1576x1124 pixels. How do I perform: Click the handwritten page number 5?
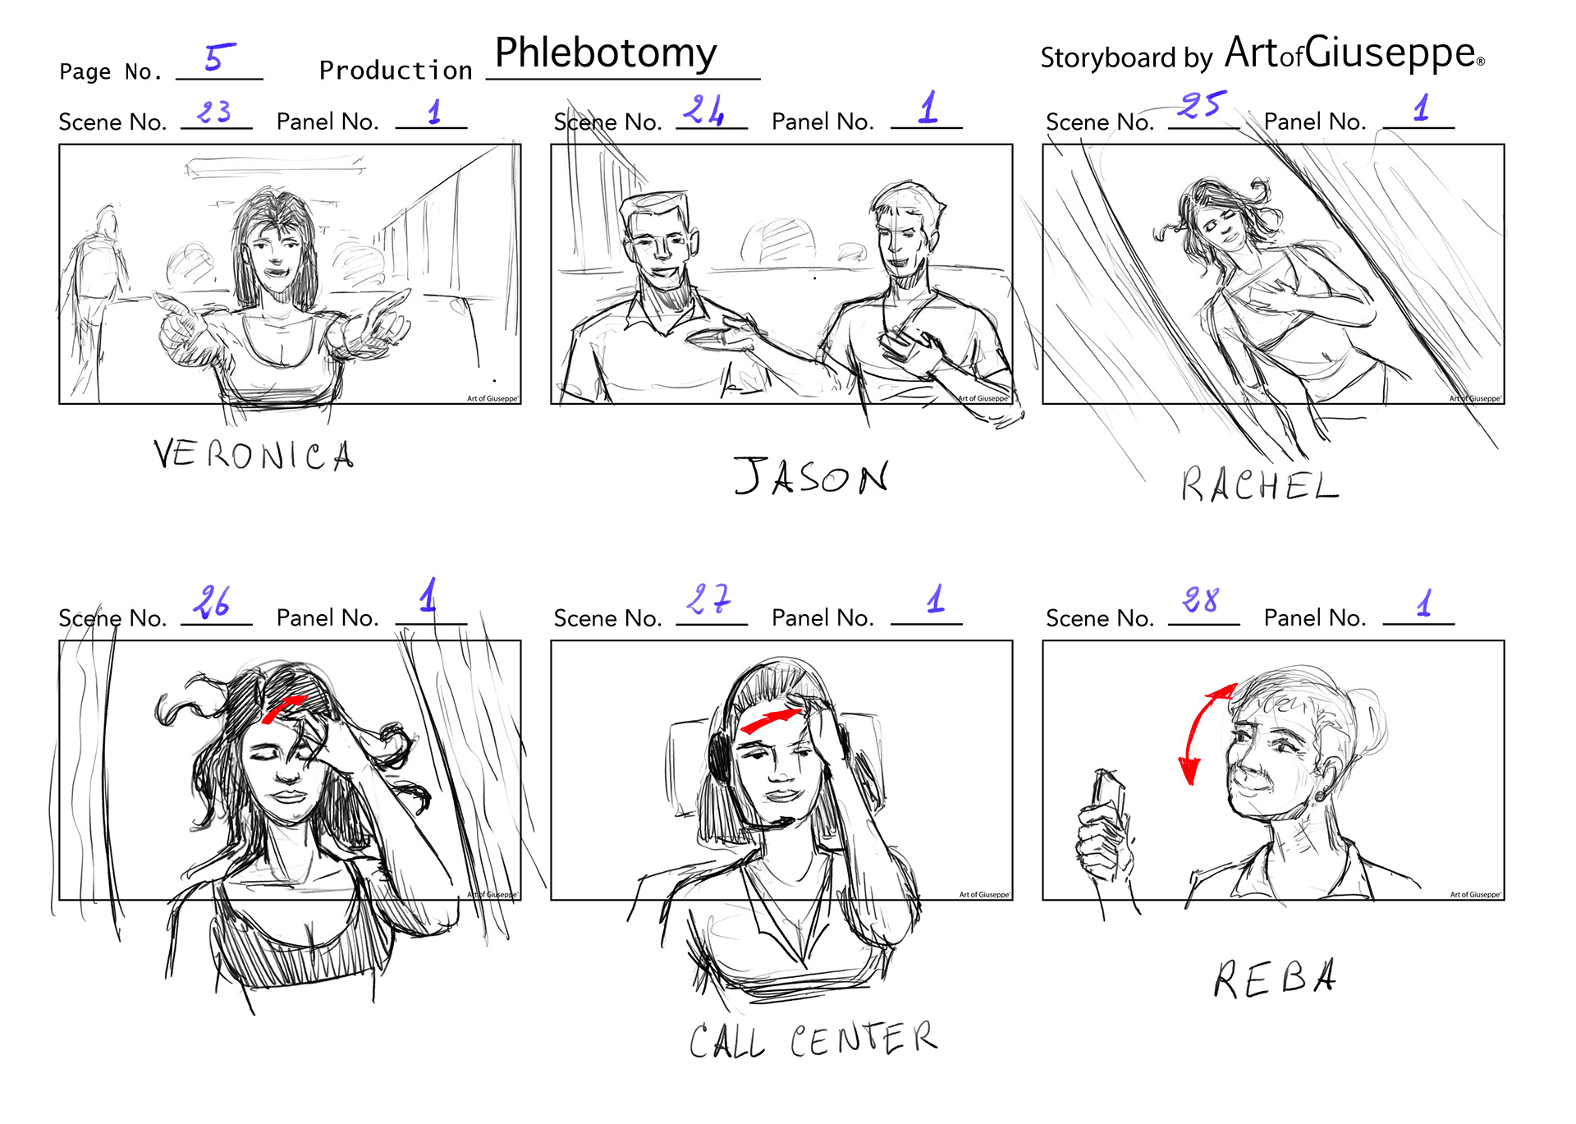(219, 57)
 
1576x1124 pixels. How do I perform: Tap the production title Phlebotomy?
(606, 53)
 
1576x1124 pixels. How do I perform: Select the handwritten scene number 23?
(214, 111)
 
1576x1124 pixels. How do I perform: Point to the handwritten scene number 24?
(703, 109)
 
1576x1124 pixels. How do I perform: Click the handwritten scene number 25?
(1202, 104)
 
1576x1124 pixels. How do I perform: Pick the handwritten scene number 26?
(211, 602)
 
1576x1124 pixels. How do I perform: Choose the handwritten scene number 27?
(708, 599)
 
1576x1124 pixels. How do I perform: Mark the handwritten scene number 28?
(1201, 600)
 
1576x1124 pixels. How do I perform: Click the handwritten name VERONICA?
(254, 454)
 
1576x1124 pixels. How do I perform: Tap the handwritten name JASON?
(811, 476)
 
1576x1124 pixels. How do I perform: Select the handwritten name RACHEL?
(1260, 484)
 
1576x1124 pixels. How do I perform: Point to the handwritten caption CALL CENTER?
(813, 1039)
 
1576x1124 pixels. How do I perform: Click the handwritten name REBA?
(1275, 978)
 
